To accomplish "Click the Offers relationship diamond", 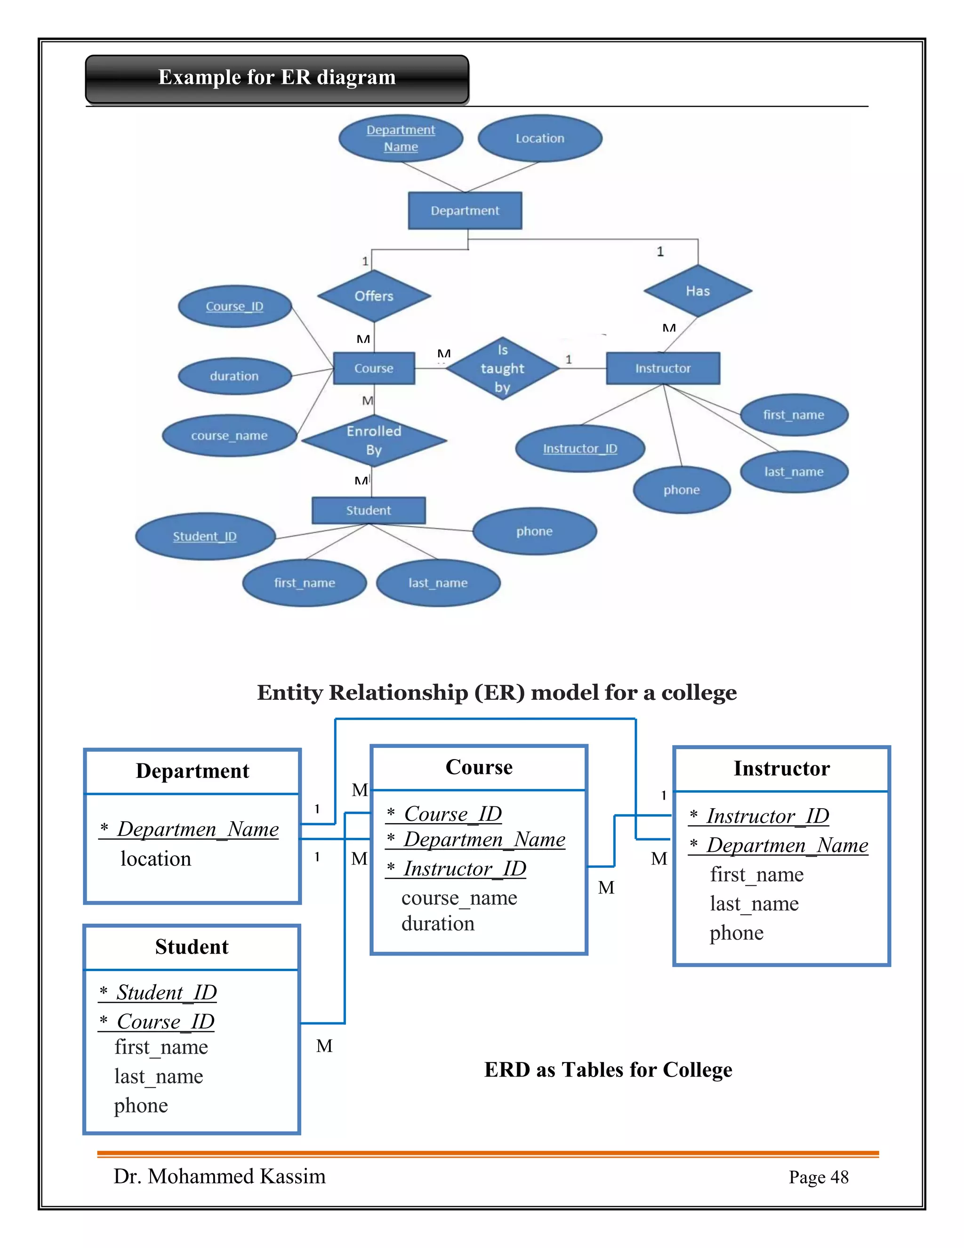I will point(374,296).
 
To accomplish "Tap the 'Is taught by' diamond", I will point(502,369).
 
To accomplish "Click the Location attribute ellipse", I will point(540,138).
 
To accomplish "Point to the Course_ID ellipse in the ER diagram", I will point(235,306).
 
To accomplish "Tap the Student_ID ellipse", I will point(205,536).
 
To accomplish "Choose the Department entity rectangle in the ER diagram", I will point(465,211).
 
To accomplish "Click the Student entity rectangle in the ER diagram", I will point(369,511).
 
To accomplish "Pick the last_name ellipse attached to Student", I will point(438,583).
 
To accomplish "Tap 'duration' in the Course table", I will point(438,924).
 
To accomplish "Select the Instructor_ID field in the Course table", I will point(464,868).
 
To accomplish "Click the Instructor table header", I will point(781,769).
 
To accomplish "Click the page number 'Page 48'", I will point(819,1177).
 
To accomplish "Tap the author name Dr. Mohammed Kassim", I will point(219,1176).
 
